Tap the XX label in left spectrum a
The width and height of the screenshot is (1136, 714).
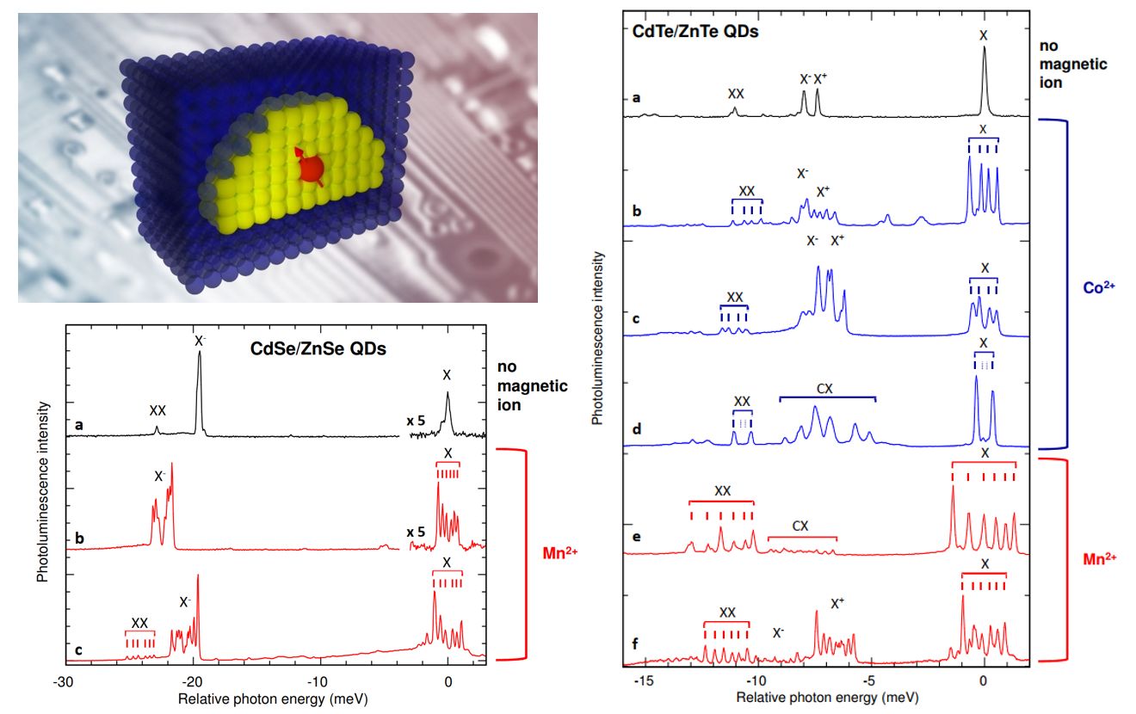pyautogui.click(x=157, y=410)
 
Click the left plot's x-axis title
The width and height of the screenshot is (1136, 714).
pyautogui.click(x=272, y=696)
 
